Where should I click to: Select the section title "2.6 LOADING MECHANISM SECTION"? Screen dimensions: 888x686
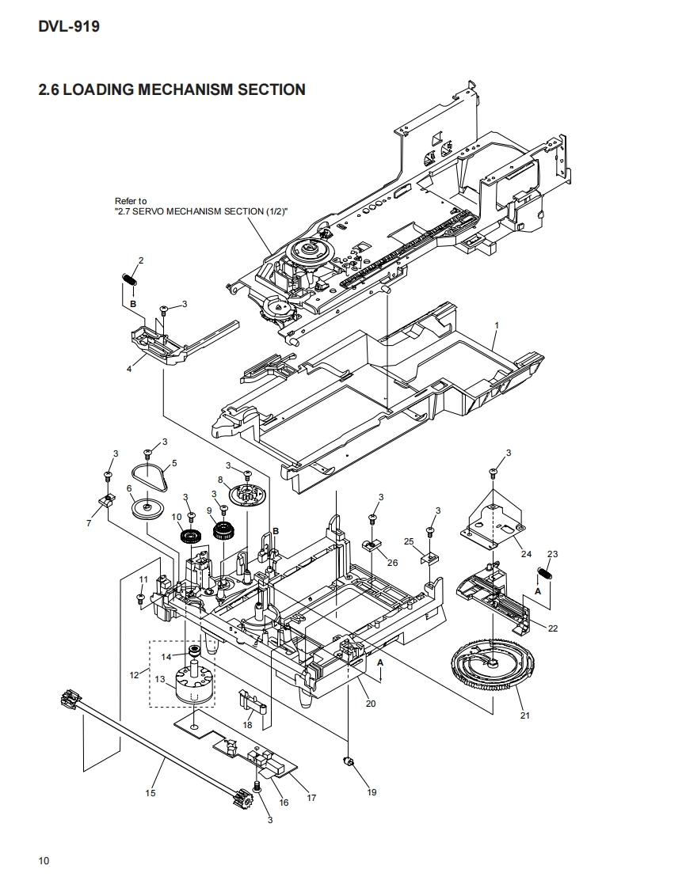point(172,89)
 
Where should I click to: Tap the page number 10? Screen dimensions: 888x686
point(44,861)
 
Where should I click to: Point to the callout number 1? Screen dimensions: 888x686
point(496,326)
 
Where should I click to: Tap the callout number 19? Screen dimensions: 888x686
point(372,792)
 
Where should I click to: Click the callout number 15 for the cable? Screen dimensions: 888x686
point(151,792)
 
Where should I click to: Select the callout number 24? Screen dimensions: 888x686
point(526,553)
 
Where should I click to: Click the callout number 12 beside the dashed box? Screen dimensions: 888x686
point(134,675)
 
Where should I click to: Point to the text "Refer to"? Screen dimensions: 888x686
point(131,201)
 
